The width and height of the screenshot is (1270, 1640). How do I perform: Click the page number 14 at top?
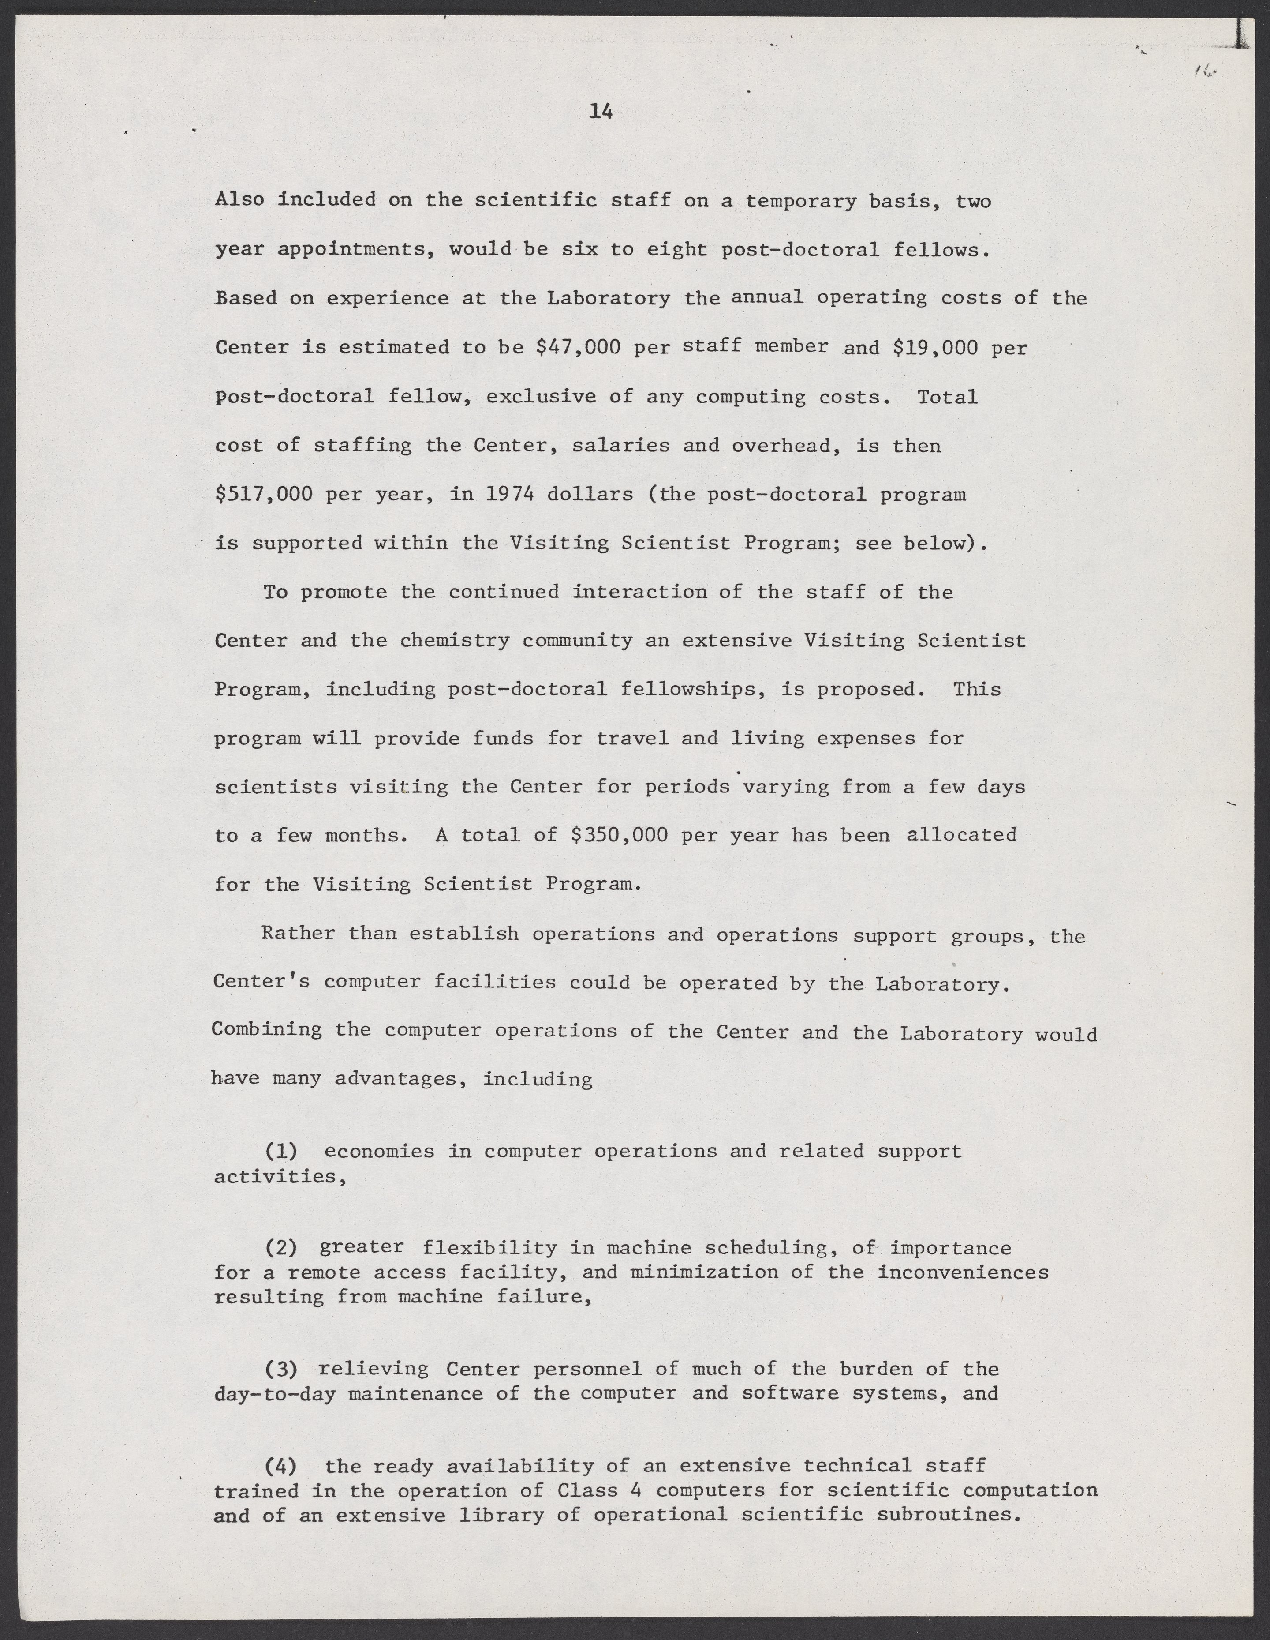tap(601, 112)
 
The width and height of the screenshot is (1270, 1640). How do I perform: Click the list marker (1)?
tap(281, 1150)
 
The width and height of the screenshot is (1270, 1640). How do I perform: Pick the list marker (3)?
tap(281, 1369)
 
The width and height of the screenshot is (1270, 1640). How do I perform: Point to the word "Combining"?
tap(267, 1029)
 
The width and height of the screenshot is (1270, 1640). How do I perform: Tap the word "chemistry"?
tap(454, 641)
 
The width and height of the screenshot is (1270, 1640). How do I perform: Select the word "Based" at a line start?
tap(246, 298)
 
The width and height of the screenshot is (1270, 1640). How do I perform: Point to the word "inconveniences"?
tap(963, 1272)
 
